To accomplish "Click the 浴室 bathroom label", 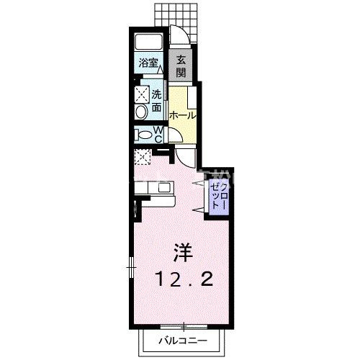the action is (x=148, y=63).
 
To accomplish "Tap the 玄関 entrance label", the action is (x=181, y=66).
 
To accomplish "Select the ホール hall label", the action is (x=182, y=116).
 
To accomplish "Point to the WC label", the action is (x=158, y=135).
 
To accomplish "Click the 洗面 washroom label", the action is (x=156, y=101).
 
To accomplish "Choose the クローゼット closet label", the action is (x=218, y=196).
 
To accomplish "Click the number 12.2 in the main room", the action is (x=185, y=279).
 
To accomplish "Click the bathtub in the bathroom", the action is (x=149, y=42).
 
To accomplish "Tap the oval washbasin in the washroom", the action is (x=142, y=112).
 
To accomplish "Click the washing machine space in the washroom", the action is (x=142, y=94).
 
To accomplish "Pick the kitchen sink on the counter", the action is (x=165, y=187).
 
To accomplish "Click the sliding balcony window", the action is (x=184, y=158).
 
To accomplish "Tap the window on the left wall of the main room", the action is (x=131, y=267).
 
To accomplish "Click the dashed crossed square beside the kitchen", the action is (x=143, y=157).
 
